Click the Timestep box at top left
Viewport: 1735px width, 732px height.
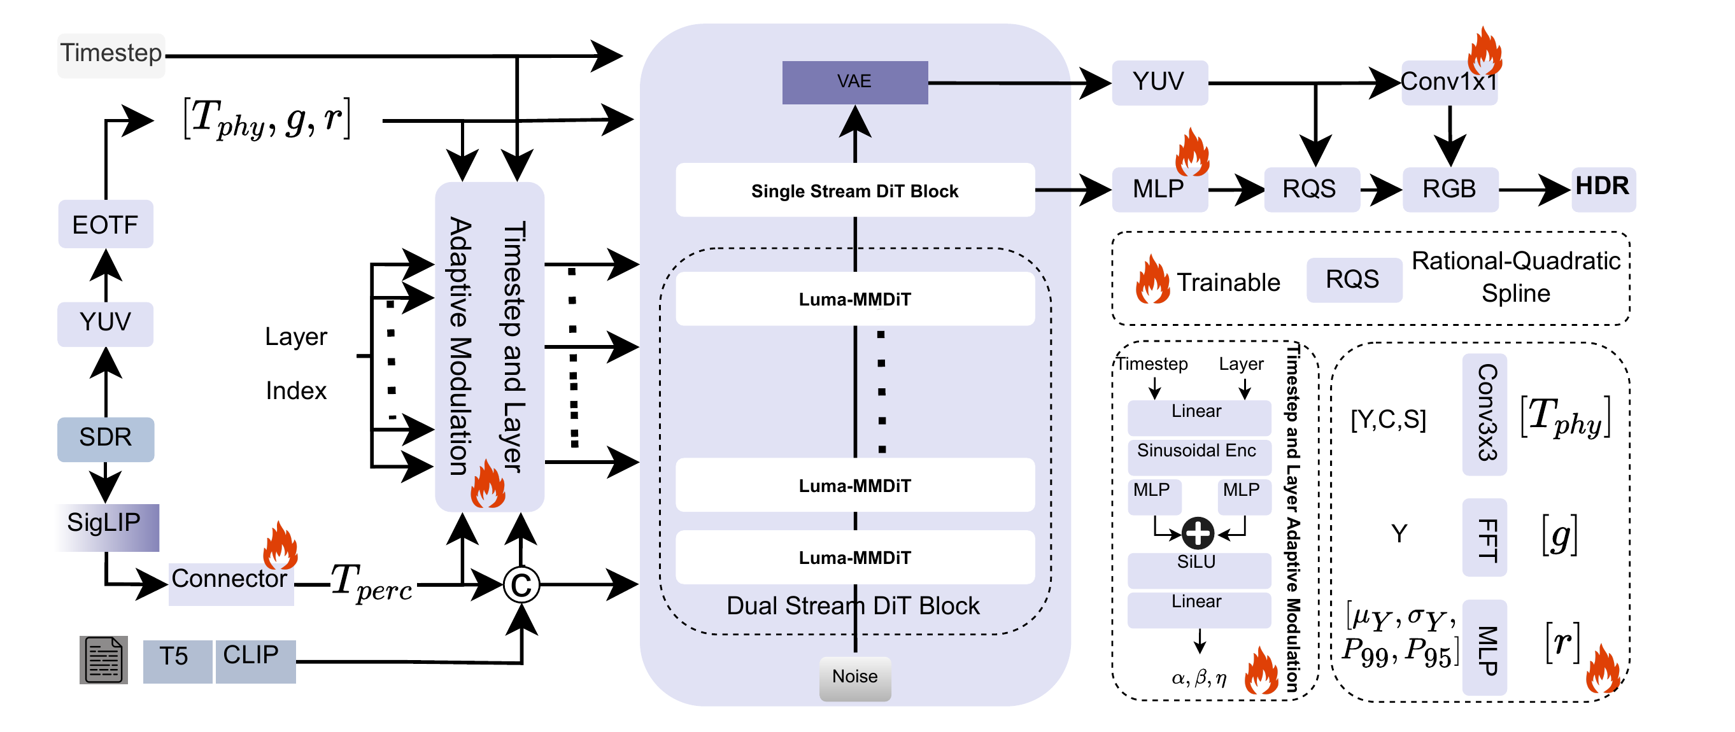point(111,54)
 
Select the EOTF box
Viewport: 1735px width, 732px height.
point(106,224)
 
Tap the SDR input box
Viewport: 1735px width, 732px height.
point(106,439)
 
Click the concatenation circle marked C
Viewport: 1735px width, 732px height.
point(521,585)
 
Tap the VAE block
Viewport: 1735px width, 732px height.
point(854,82)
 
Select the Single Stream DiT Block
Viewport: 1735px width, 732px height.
point(854,190)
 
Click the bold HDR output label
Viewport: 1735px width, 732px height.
point(1603,187)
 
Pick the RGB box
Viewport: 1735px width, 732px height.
point(1449,189)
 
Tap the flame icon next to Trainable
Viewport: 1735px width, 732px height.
point(1152,281)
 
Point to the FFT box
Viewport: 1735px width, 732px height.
point(1484,537)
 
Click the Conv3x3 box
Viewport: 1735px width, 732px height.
point(1484,414)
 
